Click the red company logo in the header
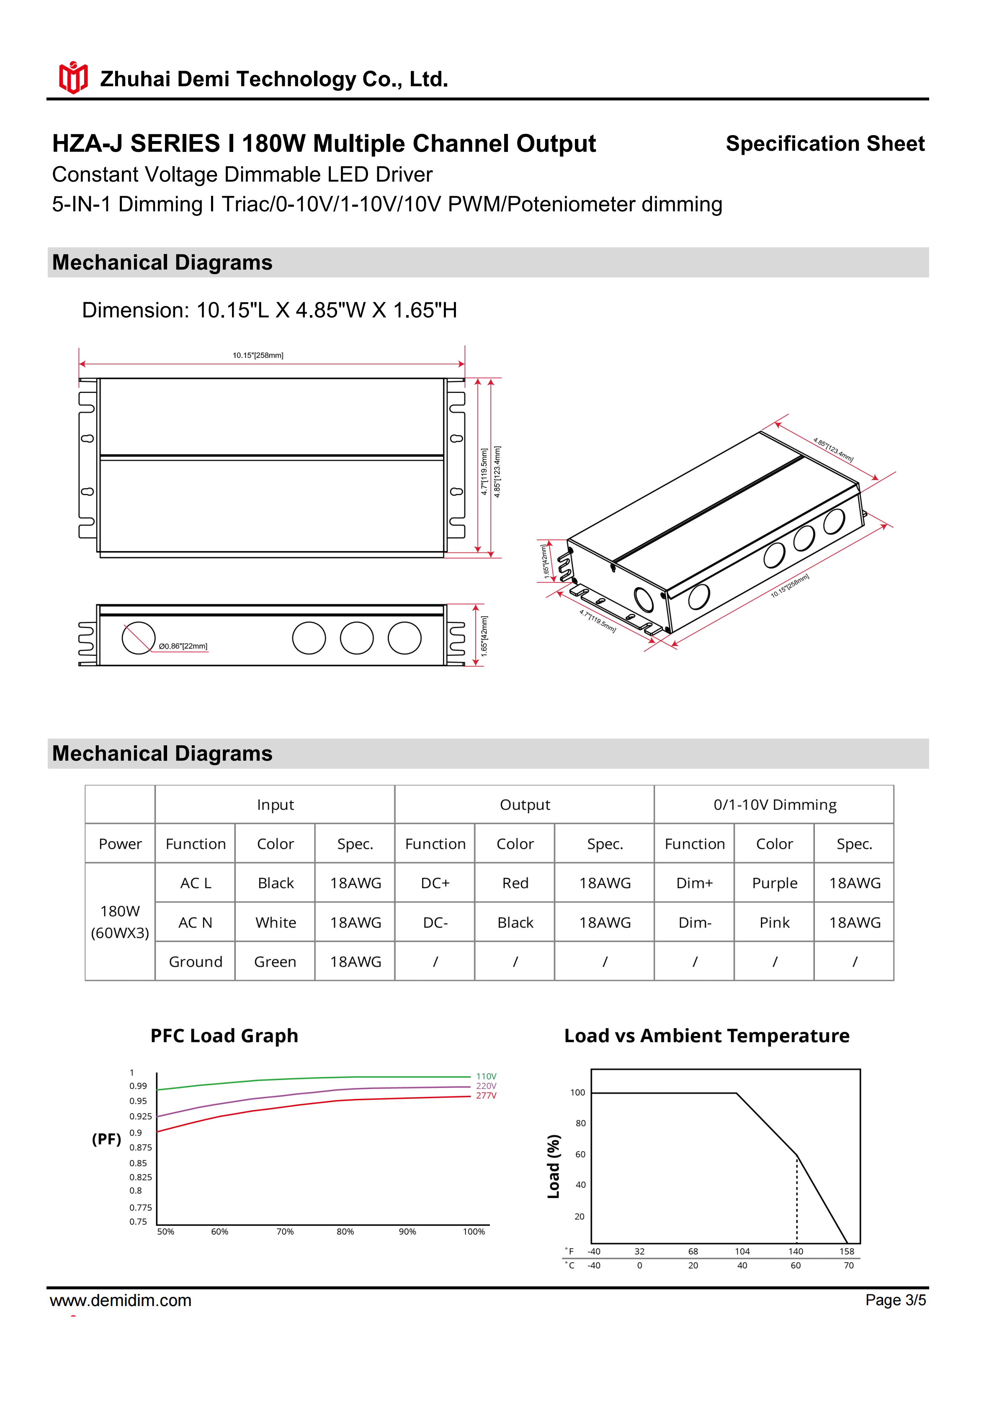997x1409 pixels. point(73,78)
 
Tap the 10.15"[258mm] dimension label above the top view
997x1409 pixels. point(258,355)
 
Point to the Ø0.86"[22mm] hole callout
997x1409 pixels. point(183,646)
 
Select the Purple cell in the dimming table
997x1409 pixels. point(774,883)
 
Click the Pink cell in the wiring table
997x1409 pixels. point(774,922)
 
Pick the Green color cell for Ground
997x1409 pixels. point(275,962)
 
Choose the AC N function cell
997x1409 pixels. point(195,922)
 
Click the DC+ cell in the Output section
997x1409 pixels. point(435,883)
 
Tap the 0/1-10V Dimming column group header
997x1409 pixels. point(774,805)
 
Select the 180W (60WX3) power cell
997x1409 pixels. point(120,922)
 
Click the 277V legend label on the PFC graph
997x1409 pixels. point(486,1096)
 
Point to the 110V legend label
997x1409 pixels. point(486,1076)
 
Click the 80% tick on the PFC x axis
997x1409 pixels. point(345,1232)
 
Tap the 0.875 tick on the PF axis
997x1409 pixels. point(141,1147)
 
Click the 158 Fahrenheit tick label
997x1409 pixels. point(847,1251)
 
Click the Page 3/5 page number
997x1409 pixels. point(895,1300)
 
